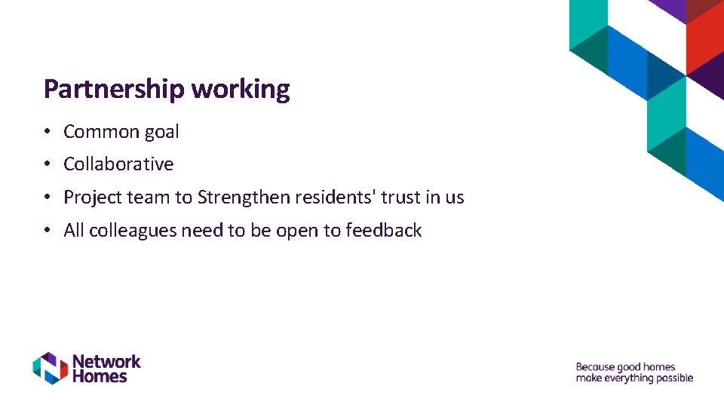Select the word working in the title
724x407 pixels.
click(x=241, y=90)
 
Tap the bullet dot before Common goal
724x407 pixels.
click(x=47, y=132)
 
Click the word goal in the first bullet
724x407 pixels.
click(x=161, y=132)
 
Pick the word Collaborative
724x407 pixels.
click(x=118, y=164)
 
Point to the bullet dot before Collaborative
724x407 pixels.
click(x=47, y=164)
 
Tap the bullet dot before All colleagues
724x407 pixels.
click(x=47, y=231)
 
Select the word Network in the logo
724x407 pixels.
click(x=106, y=361)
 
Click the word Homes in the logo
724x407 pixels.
click(x=100, y=375)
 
